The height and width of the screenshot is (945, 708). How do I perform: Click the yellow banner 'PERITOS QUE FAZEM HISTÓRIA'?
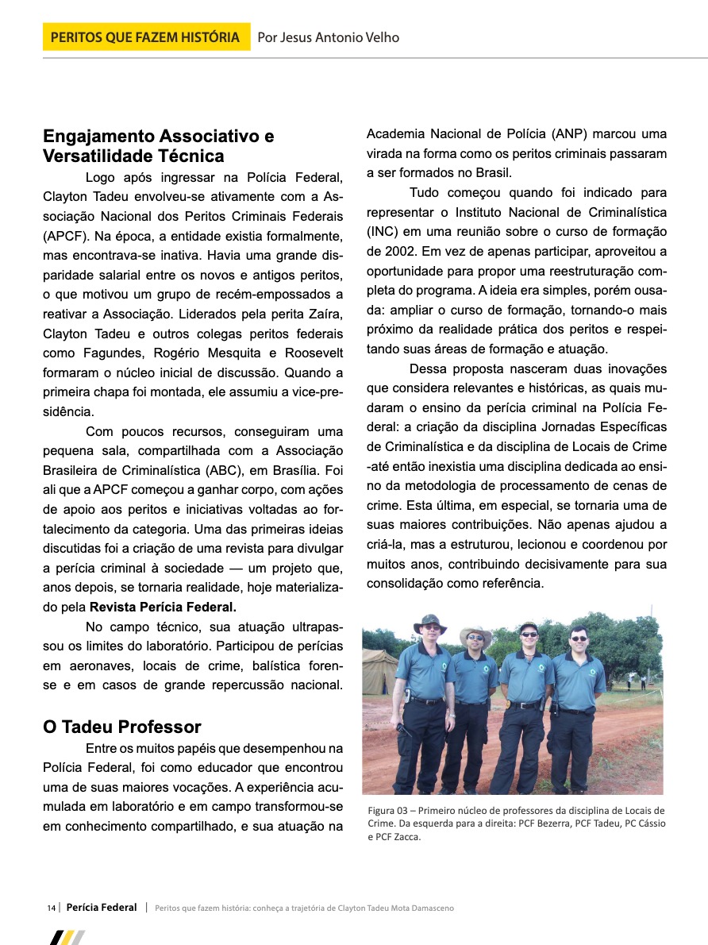(146, 37)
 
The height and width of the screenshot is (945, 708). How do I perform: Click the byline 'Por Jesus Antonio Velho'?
(329, 37)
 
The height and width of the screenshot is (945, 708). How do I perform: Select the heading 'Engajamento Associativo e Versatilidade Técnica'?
(159, 146)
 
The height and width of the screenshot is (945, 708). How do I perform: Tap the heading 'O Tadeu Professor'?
(122, 727)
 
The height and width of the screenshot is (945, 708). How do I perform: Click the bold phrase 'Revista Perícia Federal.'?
(163, 608)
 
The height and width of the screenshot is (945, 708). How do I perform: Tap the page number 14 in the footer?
(51, 908)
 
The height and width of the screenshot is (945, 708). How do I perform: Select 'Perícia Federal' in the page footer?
(102, 907)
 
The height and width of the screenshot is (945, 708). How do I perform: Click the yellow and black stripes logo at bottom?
(67, 937)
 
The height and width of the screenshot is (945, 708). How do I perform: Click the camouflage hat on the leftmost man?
(429, 621)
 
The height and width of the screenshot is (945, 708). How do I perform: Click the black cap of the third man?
(529, 627)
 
